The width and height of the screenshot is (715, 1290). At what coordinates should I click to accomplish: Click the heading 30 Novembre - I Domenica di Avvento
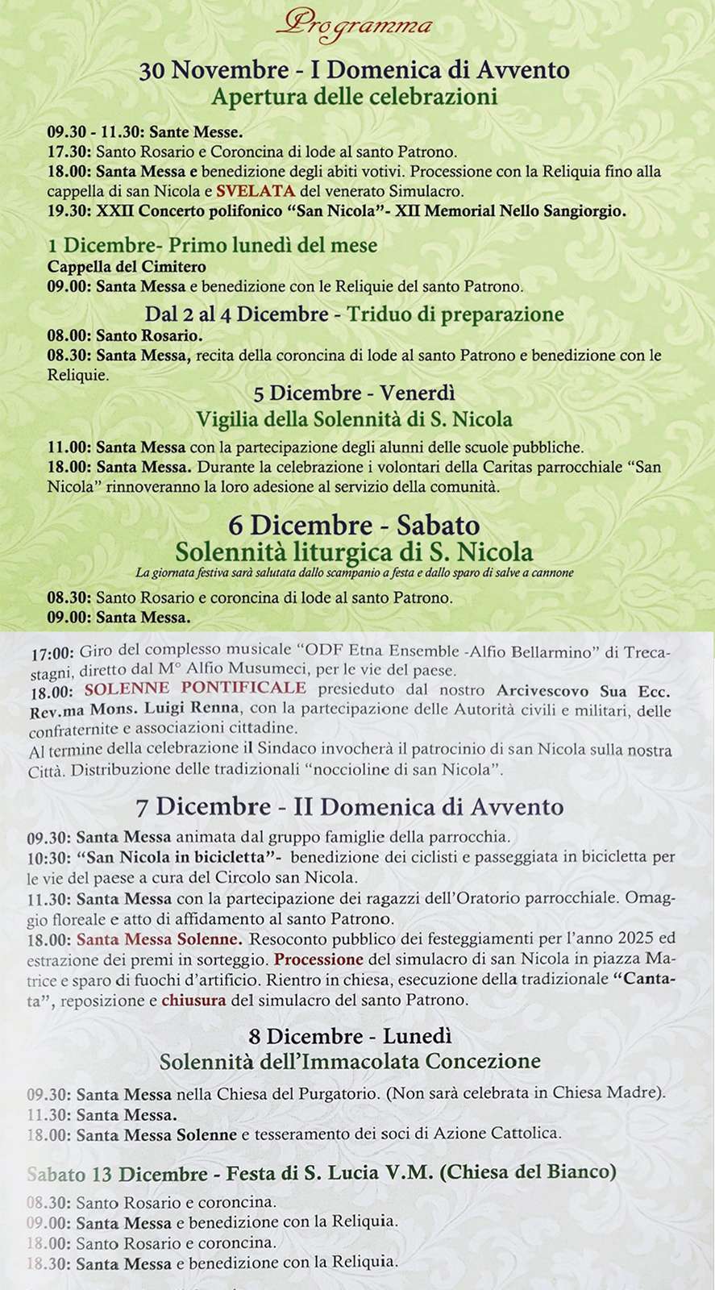pos(355,71)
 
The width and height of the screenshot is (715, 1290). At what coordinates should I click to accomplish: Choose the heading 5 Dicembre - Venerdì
pos(354,393)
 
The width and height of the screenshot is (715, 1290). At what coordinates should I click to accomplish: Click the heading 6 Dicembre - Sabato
pos(354,525)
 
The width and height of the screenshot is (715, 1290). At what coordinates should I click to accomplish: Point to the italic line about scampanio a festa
pos(354,573)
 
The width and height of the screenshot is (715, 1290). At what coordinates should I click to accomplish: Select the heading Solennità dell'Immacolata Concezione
pos(350,1061)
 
